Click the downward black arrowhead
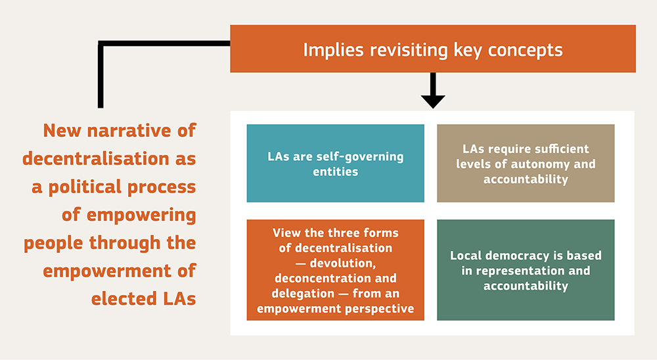[433, 101]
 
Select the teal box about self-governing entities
[335, 163]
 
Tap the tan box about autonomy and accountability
[526, 163]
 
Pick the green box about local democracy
[526, 270]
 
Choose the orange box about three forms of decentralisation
[335, 270]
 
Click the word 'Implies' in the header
[327, 50]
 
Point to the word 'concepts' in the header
[529, 50]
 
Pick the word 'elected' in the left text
[122, 299]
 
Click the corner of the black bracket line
[101, 44]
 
